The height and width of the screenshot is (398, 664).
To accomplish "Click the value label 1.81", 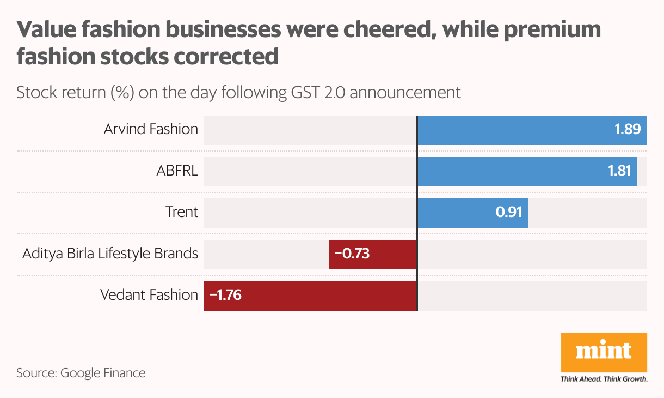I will tap(619, 172).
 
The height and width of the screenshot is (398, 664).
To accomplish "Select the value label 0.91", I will tap(508, 213).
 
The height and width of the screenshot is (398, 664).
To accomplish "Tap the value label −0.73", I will tap(352, 254).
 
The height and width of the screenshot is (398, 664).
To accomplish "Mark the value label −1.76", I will tap(225, 296).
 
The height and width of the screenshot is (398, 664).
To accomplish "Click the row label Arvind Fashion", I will tap(151, 130).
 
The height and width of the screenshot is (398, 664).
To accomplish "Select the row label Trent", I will tap(182, 212).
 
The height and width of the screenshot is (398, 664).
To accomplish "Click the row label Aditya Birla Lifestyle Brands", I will tap(110, 254).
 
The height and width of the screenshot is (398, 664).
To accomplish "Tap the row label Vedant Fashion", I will tap(149, 296).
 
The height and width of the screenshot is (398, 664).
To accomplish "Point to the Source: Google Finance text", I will tap(81, 373).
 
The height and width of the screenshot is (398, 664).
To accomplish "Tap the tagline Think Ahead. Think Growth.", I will tap(604, 379).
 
